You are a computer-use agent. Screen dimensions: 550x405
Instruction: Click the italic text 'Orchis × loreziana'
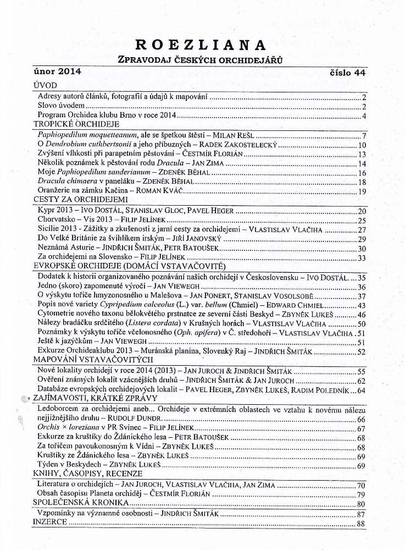pos(70,428)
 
